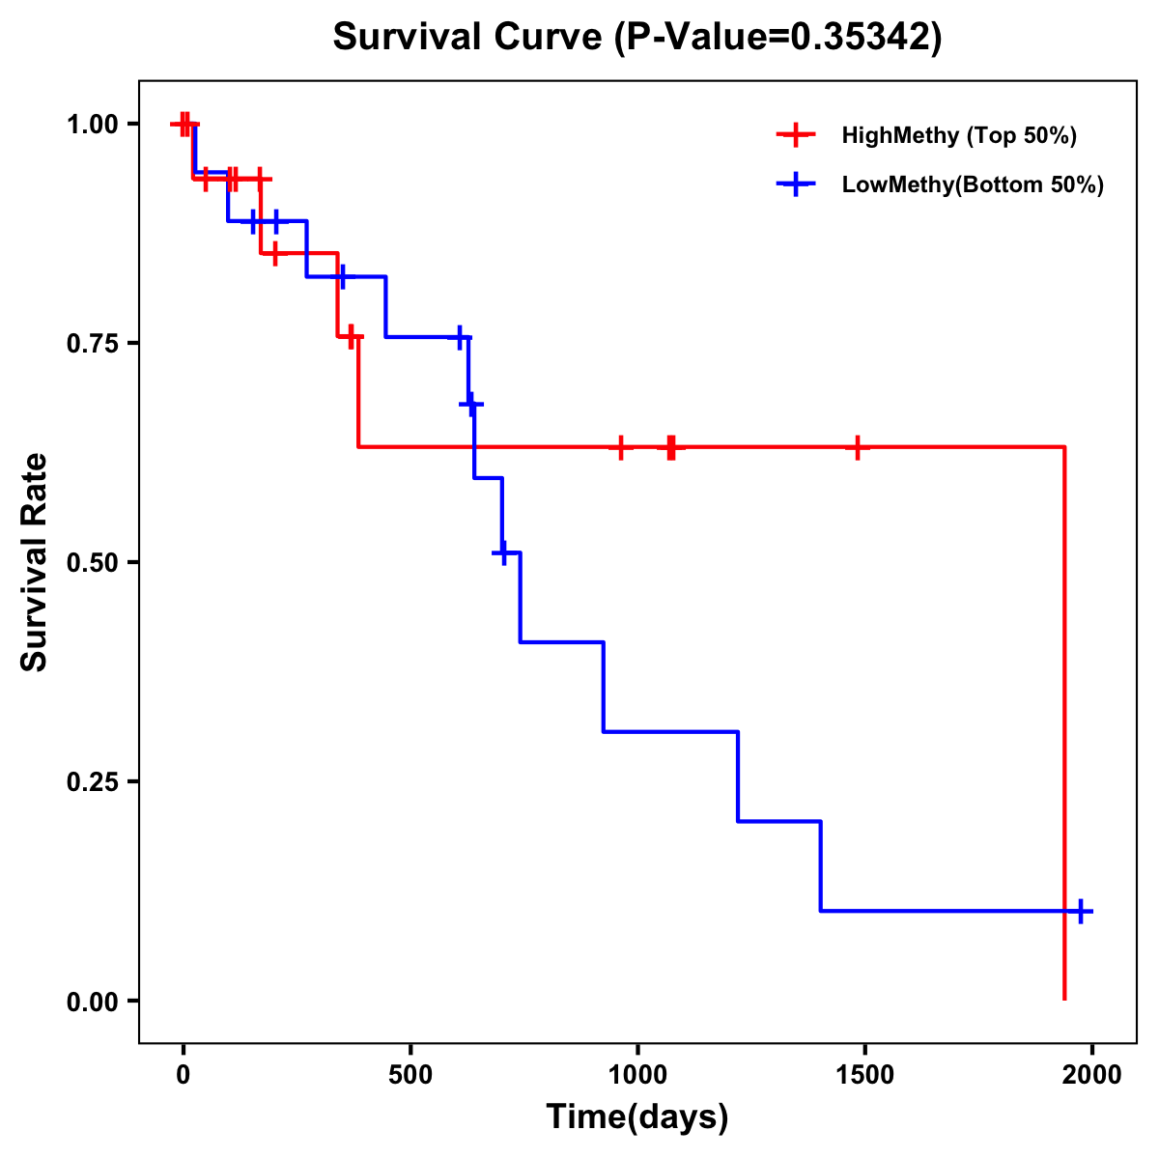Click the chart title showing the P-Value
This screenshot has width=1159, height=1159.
point(636,37)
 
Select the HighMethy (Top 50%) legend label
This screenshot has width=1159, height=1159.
point(958,135)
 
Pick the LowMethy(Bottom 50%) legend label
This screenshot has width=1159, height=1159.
point(972,184)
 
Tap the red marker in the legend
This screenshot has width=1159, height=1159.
point(796,135)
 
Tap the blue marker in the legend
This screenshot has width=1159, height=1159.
point(796,184)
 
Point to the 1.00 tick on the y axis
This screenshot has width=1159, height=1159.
point(92,124)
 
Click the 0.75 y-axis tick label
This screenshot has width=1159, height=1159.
point(92,343)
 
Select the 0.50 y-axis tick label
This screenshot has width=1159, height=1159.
point(92,562)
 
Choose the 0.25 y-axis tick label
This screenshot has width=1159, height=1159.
point(92,781)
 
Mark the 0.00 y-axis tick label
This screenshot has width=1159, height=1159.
point(92,1002)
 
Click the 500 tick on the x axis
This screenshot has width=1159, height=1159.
point(410,1075)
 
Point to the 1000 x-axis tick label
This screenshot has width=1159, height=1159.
point(637,1075)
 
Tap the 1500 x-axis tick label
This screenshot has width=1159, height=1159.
point(864,1075)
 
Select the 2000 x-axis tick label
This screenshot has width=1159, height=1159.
point(1091,1075)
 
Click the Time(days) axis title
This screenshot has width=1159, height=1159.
point(637,1117)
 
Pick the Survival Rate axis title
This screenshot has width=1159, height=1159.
point(35,562)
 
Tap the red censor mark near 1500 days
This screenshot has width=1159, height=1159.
point(857,447)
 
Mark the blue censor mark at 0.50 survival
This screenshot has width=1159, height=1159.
point(501,552)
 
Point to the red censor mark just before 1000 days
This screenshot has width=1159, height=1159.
point(620,447)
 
